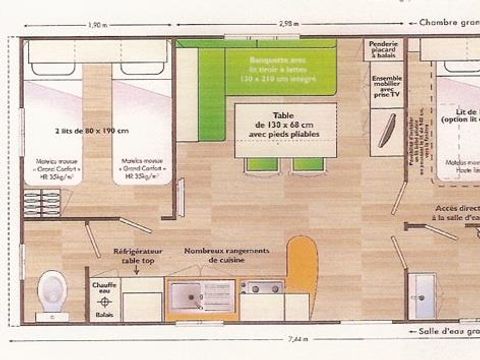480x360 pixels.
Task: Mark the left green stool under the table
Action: pos(262,163)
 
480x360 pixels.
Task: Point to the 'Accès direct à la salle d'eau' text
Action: pos(455,212)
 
